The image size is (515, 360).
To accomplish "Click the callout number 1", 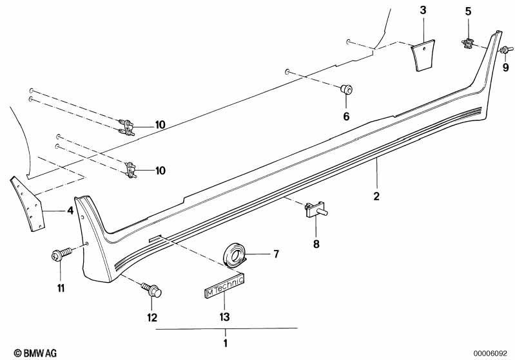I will click(226, 343).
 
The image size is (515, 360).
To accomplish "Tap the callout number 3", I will click(423, 10).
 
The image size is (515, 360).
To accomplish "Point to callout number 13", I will click(224, 317).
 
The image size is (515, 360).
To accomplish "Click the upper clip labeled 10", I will click(126, 126).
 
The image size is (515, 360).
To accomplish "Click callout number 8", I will click(316, 244).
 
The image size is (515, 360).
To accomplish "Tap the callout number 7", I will click(276, 254).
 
